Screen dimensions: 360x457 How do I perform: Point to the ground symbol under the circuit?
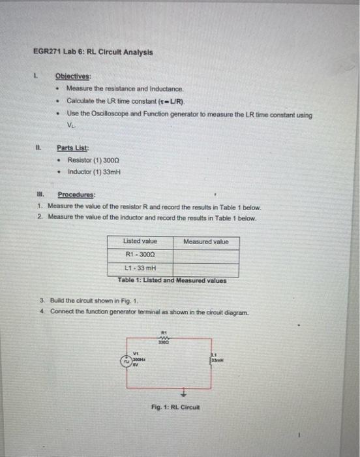[x=183, y=392]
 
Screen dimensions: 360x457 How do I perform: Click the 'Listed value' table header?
[x=140, y=242]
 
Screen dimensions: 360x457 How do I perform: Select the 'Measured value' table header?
[x=206, y=242]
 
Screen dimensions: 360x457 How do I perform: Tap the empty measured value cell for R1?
[x=206, y=254]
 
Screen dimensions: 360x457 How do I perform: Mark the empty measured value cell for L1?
[x=206, y=268]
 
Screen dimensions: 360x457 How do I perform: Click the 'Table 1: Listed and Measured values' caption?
[x=172, y=281]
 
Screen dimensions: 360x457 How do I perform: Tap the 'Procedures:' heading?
[x=76, y=195]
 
